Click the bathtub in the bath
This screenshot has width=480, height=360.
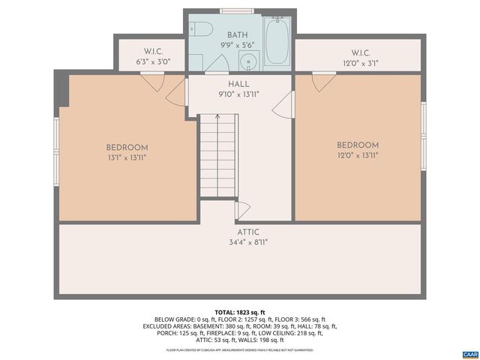[x=276, y=41]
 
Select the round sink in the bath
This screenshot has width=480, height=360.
[x=250, y=61]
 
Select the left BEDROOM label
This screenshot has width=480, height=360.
[x=127, y=148]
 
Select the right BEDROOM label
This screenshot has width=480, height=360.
[x=358, y=145]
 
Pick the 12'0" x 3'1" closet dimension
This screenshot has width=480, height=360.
[x=361, y=63]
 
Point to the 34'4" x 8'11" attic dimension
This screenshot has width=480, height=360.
[x=248, y=242]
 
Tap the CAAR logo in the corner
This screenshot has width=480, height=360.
[x=470, y=353]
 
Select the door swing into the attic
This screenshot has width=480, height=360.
[x=242, y=209]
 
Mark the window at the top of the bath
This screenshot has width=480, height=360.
[x=237, y=11]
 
